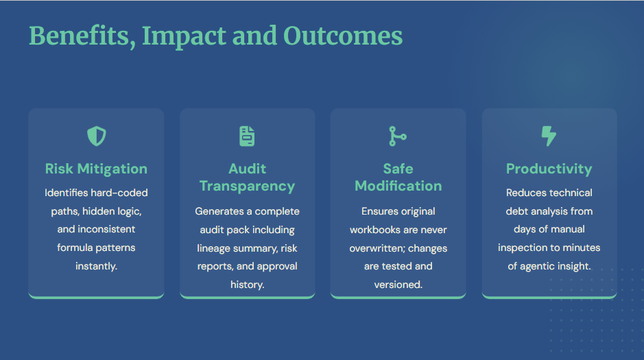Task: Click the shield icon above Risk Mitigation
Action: click(97, 136)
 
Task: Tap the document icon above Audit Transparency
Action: click(247, 136)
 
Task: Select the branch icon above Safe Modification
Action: click(398, 136)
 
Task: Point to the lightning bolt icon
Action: click(549, 136)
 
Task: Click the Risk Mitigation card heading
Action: click(96, 169)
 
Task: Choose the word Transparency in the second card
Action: click(248, 187)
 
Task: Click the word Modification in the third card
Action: click(398, 186)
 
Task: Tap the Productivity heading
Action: click(549, 169)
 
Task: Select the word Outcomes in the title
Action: click(343, 36)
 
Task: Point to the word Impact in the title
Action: click(184, 37)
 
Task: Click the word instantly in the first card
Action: click(97, 267)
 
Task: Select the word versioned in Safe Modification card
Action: click(398, 285)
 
